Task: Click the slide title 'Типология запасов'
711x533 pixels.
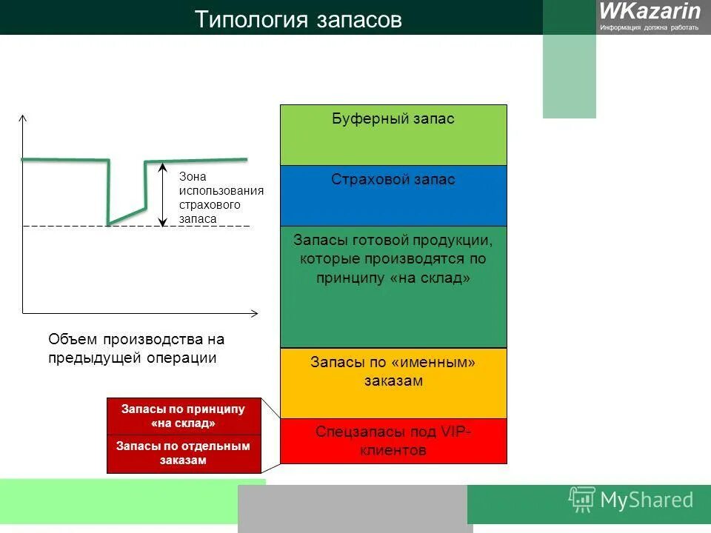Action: pos(298,19)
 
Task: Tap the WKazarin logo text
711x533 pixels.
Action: pos(650,11)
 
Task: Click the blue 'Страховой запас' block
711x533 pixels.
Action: pos(393,195)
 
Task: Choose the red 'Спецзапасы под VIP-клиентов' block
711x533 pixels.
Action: pos(393,441)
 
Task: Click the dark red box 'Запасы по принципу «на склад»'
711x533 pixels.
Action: pos(184,416)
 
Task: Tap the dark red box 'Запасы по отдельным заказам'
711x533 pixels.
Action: pos(184,453)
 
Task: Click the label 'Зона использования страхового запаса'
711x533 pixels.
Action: pos(220,198)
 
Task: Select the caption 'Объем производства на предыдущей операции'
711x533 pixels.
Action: pos(136,349)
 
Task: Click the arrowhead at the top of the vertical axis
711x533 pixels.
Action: pos(23,118)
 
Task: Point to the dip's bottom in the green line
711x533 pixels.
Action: pos(110,223)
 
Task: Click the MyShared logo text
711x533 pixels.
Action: pos(647,500)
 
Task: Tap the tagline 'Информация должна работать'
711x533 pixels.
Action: pos(649,27)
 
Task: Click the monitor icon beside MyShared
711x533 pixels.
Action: pos(582,500)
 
